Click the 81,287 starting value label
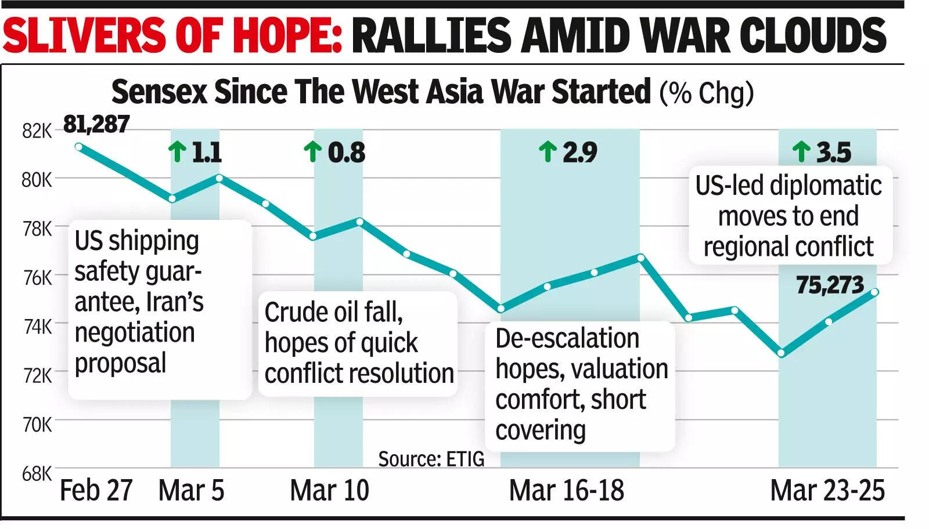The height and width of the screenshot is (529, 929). point(96,124)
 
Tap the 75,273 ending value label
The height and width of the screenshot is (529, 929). point(830,285)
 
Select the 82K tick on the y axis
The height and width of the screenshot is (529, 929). point(37,132)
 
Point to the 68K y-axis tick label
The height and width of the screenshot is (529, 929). point(37,474)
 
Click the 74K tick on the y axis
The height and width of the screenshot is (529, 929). point(37,327)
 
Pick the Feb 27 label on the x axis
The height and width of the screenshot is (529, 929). point(96,491)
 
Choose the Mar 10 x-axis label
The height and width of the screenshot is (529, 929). point(329,491)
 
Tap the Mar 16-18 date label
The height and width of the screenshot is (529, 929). point(566,491)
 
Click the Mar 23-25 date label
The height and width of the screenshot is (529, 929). point(827,491)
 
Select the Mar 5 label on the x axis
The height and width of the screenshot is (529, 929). point(191,491)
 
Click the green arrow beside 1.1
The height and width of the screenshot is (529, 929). point(177,152)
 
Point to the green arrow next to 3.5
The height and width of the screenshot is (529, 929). point(801,152)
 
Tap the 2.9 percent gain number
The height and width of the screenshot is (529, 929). point(579,153)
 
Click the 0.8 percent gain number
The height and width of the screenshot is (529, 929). point(347,153)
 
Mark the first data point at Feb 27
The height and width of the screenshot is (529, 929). point(79,147)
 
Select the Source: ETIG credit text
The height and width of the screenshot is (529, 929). point(431,459)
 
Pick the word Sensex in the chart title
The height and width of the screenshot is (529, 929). point(159,92)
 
